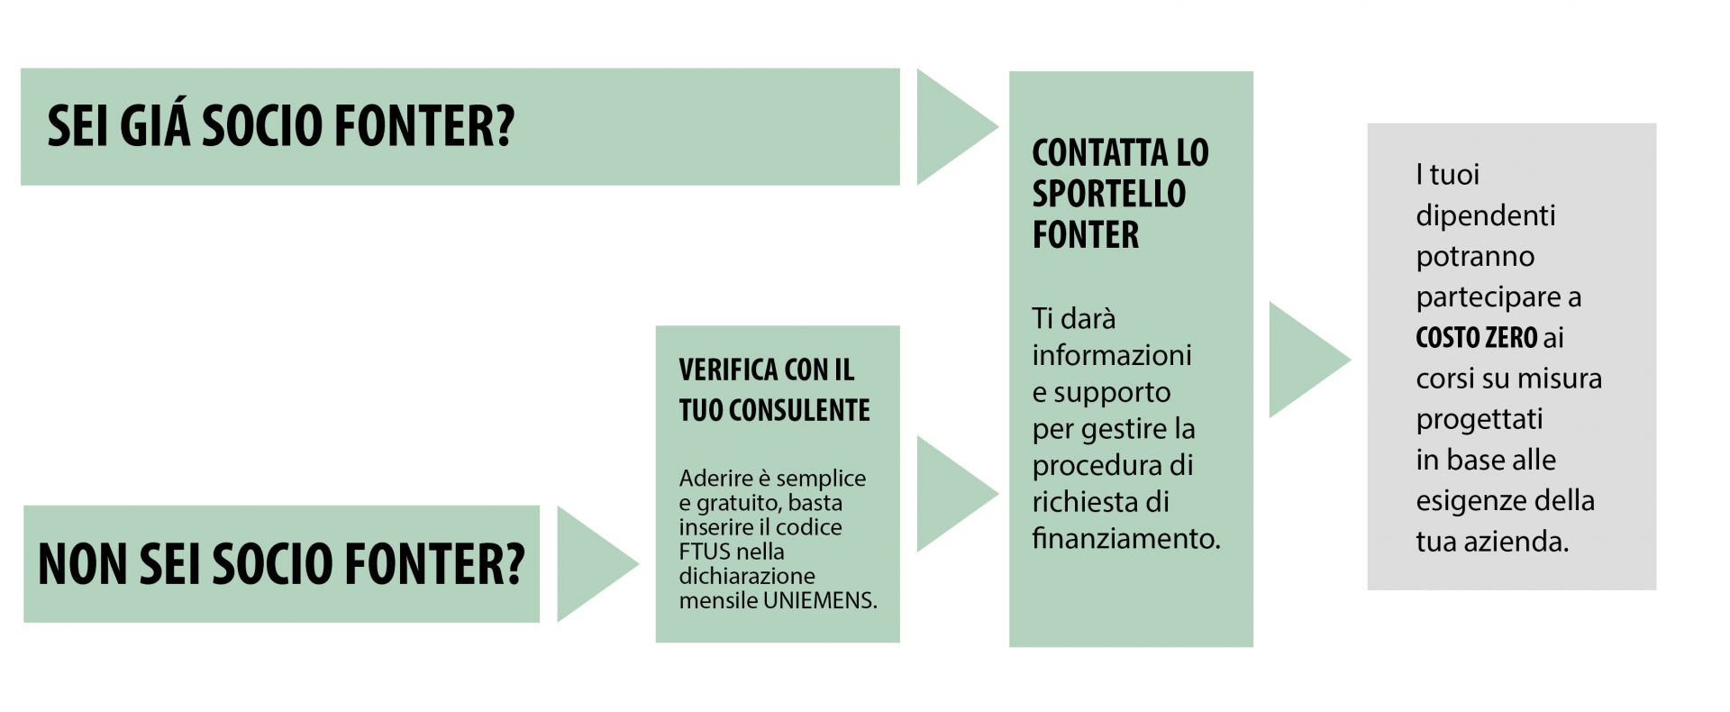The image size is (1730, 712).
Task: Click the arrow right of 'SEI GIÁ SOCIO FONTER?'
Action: click(951, 127)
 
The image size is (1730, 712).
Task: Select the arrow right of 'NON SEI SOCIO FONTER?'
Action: click(590, 564)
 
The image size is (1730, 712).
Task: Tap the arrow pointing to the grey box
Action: click(1303, 360)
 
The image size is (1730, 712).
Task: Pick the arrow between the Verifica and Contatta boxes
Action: click(951, 494)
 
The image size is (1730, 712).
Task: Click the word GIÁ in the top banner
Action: click(155, 126)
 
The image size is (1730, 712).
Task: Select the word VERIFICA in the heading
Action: click(728, 370)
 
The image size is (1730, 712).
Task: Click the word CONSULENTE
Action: click(799, 410)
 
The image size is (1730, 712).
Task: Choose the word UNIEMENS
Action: click(820, 600)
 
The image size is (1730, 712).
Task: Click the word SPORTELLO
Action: click(1109, 194)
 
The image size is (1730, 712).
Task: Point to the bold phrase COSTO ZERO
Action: click(1477, 337)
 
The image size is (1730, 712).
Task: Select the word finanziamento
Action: click(1126, 538)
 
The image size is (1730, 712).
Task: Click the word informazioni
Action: click(1112, 355)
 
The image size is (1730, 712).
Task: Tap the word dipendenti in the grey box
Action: click(1486, 216)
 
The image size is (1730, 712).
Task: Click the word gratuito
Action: click(753, 503)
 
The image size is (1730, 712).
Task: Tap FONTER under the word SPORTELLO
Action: click(1086, 234)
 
